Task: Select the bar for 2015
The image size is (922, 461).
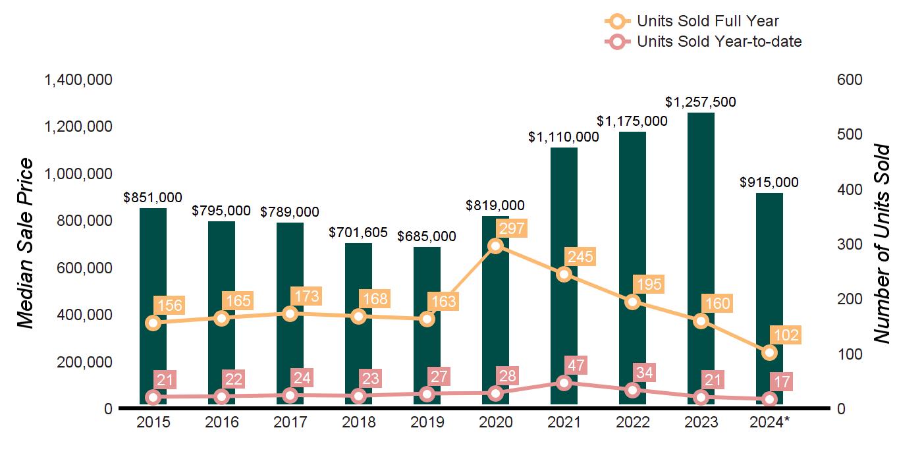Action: (153, 263)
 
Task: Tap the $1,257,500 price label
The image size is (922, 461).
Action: (701, 102)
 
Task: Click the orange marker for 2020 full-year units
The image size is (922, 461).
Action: (496, 246)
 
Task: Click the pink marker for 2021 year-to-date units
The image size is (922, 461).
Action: (564, 383)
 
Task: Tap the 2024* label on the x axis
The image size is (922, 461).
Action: (770, 422)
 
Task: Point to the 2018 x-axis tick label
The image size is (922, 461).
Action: (358, 422)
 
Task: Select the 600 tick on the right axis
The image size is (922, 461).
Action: (850, 80)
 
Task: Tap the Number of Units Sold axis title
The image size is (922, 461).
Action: (881, 244)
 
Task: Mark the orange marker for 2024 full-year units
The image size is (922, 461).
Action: (770, 353)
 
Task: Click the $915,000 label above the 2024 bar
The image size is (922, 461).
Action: (769, 182)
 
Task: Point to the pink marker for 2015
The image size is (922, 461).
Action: (153, 397)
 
